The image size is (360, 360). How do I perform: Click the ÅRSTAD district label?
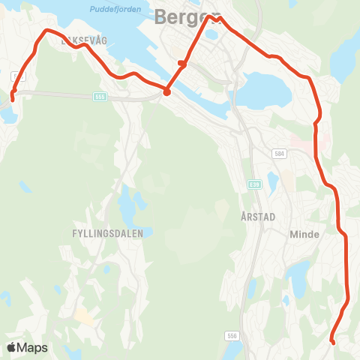click(259, 216)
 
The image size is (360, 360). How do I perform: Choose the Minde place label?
click(304, 234)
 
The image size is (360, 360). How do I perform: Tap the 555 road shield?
click(100, 96)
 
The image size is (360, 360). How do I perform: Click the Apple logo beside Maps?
click(11, 347)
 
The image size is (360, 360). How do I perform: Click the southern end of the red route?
click(332, 342)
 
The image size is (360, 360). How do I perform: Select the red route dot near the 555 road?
click(166, 92)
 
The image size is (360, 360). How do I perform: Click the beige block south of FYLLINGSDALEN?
click(84, 316)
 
